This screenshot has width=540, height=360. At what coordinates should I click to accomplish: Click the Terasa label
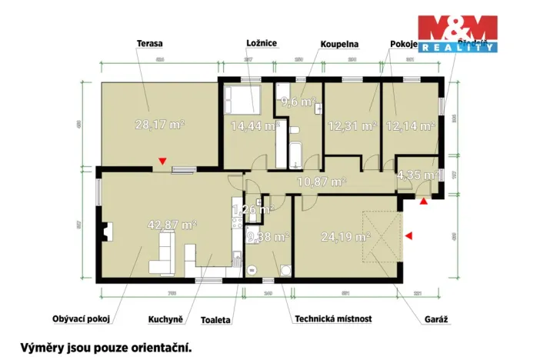click(151, 44)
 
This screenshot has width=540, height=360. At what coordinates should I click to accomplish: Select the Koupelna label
click(340, 44)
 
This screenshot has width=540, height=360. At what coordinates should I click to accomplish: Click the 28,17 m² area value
click(159, 125)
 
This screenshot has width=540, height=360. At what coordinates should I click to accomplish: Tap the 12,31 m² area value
click(352, 125)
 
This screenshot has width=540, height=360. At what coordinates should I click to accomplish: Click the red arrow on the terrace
click(162, 161)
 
